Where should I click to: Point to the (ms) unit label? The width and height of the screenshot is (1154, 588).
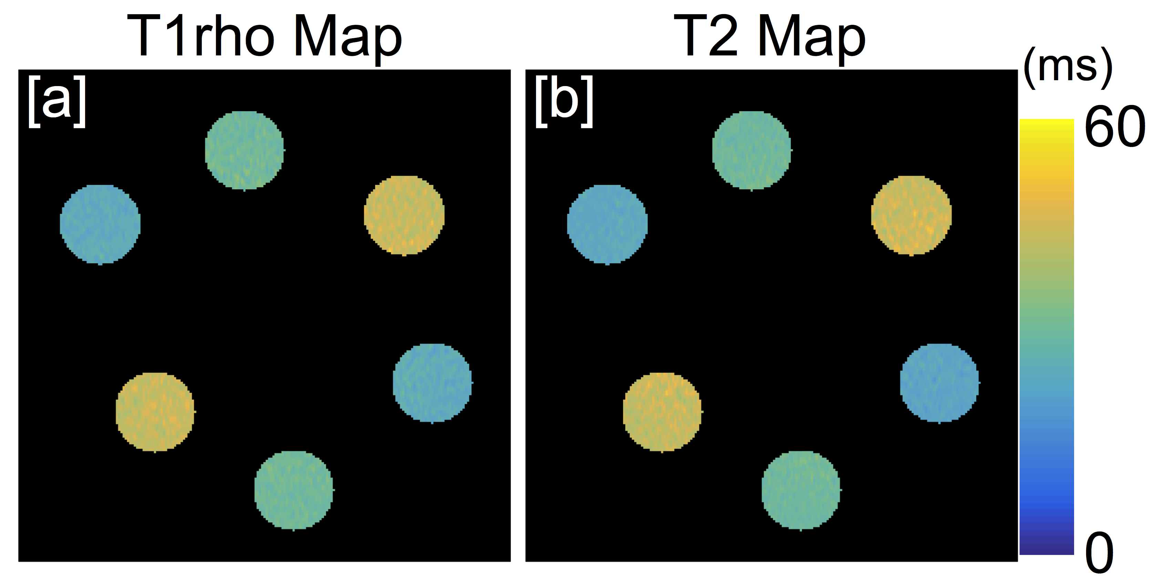1068,68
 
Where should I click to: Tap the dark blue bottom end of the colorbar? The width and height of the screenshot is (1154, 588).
1047,549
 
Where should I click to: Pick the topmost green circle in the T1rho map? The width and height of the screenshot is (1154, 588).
244,150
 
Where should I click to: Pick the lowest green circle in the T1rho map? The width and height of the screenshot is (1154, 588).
294,490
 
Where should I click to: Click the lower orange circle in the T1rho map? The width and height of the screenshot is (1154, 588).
155,411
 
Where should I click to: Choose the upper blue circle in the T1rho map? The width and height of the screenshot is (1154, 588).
100,224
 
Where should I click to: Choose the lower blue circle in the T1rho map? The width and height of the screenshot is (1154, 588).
432,383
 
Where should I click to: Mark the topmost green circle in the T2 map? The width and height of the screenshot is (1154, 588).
751,150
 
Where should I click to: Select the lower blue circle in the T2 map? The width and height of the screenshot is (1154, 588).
939,383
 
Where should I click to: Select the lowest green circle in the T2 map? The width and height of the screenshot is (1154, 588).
801,490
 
